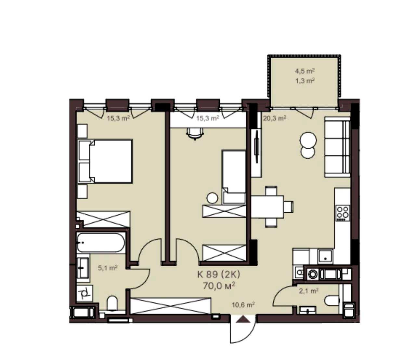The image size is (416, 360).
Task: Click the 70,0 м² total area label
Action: click(219, 286)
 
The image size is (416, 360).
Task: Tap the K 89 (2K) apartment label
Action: click(219, 274)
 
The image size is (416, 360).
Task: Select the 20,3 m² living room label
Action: click(275, 118)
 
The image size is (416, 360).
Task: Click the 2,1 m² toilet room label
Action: click(309, 291)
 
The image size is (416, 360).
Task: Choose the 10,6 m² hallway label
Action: click(243, 305)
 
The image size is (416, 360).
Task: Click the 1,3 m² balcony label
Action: click(305, 81)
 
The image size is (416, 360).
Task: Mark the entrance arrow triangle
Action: click(243, 325)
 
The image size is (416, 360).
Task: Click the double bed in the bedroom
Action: click(105, 161)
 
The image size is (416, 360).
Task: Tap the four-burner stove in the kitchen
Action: click(343, 213)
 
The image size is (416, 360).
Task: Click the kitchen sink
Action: click(325, 257)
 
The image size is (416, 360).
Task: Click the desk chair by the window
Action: click(195, 133)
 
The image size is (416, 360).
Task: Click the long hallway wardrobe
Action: click(171, 306)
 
